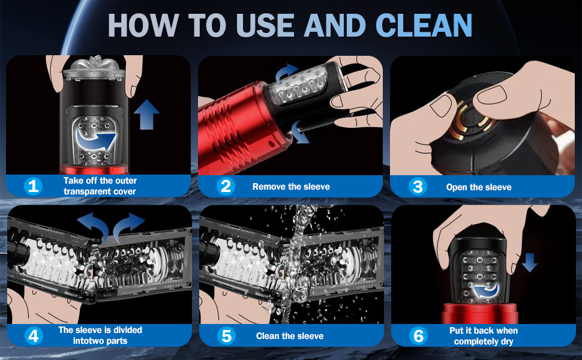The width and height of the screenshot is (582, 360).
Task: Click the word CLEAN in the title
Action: [x=424, y=25]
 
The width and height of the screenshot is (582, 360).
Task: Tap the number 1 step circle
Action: [x=33, y=186]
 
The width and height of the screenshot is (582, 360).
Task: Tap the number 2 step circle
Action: [x=226, y=186]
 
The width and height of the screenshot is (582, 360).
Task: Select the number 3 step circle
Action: [x=418, y=187]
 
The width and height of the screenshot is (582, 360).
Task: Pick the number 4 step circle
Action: [x=34, y=335]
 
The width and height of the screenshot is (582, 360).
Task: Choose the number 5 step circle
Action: [x=226, y=336]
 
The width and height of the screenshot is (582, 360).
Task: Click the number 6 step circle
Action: [x=418, y=336]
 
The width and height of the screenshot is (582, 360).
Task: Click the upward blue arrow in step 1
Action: [x=146, y=115]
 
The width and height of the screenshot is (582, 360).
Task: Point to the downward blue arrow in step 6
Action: [x=530, y=262]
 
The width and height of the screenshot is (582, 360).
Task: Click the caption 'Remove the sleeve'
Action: [x=291, y=187]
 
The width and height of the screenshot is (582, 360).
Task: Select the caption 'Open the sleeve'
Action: [x=479, y=187]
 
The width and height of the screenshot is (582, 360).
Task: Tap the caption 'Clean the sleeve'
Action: [x=290, y=336]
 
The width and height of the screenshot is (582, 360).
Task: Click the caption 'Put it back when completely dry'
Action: [x=484, y=336]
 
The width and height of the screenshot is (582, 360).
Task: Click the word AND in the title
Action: [x=334, y=25]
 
